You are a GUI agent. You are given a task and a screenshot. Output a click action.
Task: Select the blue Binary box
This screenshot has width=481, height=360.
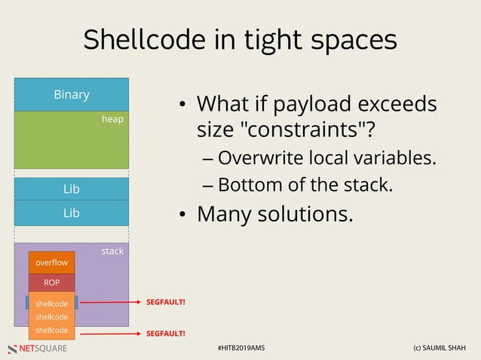tap(72, 95)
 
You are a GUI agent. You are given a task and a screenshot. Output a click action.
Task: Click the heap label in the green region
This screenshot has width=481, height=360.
tap(112, 119)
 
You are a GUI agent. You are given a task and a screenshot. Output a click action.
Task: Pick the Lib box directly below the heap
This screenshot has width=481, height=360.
tap(72, 189)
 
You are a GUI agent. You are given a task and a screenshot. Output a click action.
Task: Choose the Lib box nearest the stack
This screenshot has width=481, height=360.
tap(72, 213)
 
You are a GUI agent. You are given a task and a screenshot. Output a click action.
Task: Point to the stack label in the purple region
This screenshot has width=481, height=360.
tap(112, 251)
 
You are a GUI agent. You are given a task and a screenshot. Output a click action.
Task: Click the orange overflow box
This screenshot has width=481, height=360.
tap(52, 262)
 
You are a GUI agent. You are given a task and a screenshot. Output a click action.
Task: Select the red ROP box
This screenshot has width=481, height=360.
tap(52, 283)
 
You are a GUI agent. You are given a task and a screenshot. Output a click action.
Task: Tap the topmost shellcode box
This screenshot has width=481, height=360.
tap(52, 304)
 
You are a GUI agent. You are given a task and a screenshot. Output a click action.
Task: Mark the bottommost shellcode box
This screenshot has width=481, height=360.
tap(52, 331)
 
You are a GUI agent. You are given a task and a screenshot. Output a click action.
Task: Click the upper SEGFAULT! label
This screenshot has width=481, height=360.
tap(165, 303)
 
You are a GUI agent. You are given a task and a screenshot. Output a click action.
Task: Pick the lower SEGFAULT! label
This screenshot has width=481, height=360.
tap(165, 333)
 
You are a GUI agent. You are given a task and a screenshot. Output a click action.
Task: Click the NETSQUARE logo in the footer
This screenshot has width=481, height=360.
tap(38, 349)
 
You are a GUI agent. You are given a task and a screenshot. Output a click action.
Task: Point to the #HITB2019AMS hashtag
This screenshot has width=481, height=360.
tap(240, 349)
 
